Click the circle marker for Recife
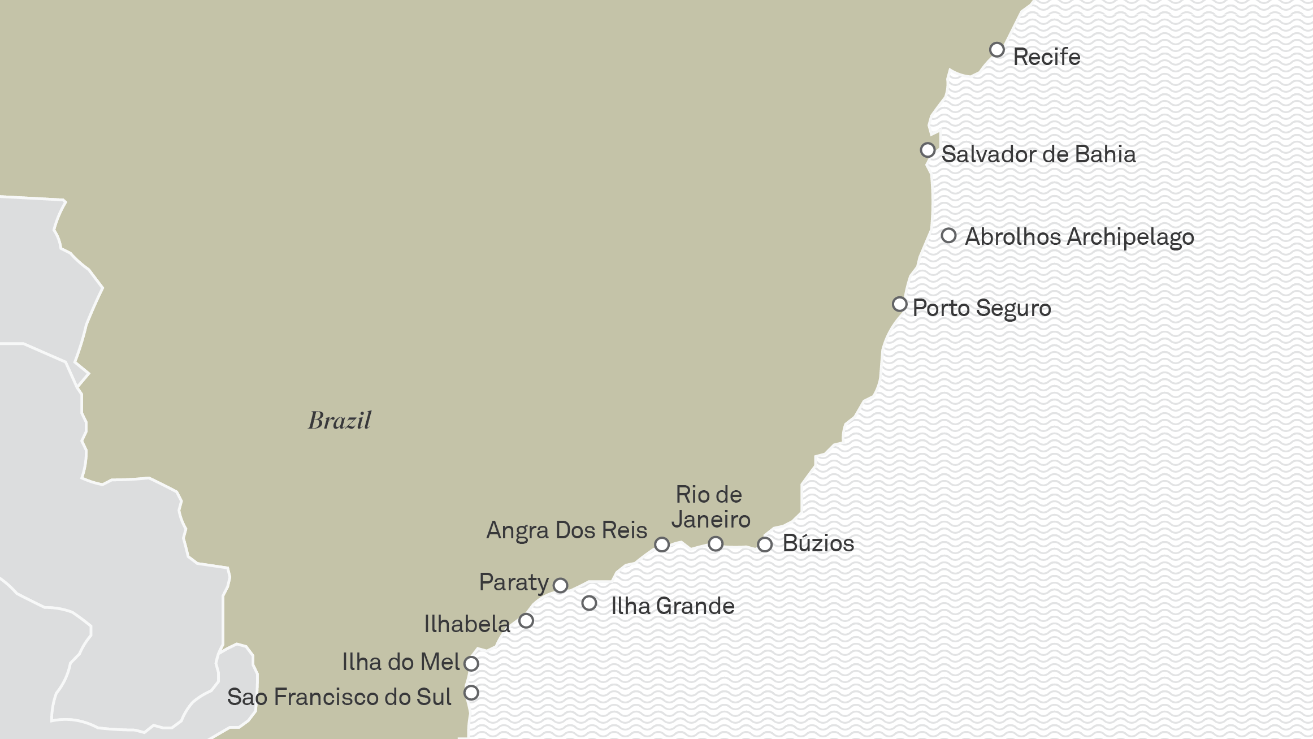pyautogui.click(x=997, y=50)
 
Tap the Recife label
pyautogui.click(x=1046, y=57)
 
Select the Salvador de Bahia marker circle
pyautogui.click(x=928, y=150)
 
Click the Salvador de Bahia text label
pyautogui.click(x=1038, y=154)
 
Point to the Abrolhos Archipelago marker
pyautogui.click(x=949, y=235)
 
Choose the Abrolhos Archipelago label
pyautogui.click(x=1079, y=237)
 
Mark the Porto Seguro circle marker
pyautogui.click(x=900, y=304)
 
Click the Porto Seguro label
pyautogui.click(x=982, y=309)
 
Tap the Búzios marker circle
pyautogui.click(x=765, y=544)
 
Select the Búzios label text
pyautogui.click(x=818, y=543)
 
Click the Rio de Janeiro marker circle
pyautogui.click(x=716, y=544)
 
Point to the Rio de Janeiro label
pyautogui.click(x=710, y=507)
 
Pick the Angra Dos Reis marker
pyautogui.click(x=662, y=544)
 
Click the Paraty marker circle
pyautogui.click(x=560, y=585)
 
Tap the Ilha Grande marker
pyautogui.click(x=589, y=603)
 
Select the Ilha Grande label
pyautogui.click(x=673, y=606)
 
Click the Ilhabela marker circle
pyautogui.click(x=526, y=621)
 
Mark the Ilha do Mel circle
pyautogui.click(x=471, y=664)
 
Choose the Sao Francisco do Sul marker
pyautogui.click(x=471, y=693)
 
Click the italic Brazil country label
pyautogui.click(x=339, y=421)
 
